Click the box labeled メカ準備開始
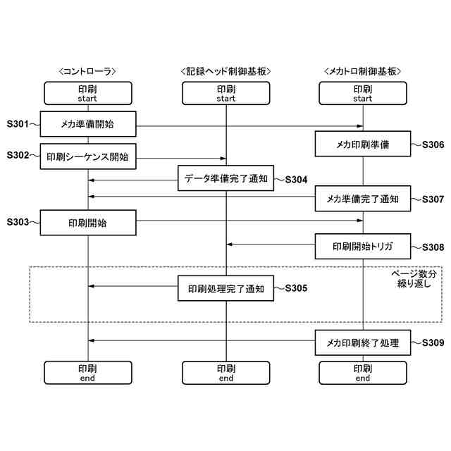pos(87,124)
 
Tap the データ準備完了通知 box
pos(225,178)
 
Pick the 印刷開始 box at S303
pos(87,223)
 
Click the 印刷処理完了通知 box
pos(225,288)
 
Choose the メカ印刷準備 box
pos(362,145)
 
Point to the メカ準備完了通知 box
pos(362,199)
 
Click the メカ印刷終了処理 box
pos(362,343)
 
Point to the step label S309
pos(433,343)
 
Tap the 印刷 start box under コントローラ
pos(87,94)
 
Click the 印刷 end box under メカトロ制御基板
pos(362,373)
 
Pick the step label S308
pos(433,247)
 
